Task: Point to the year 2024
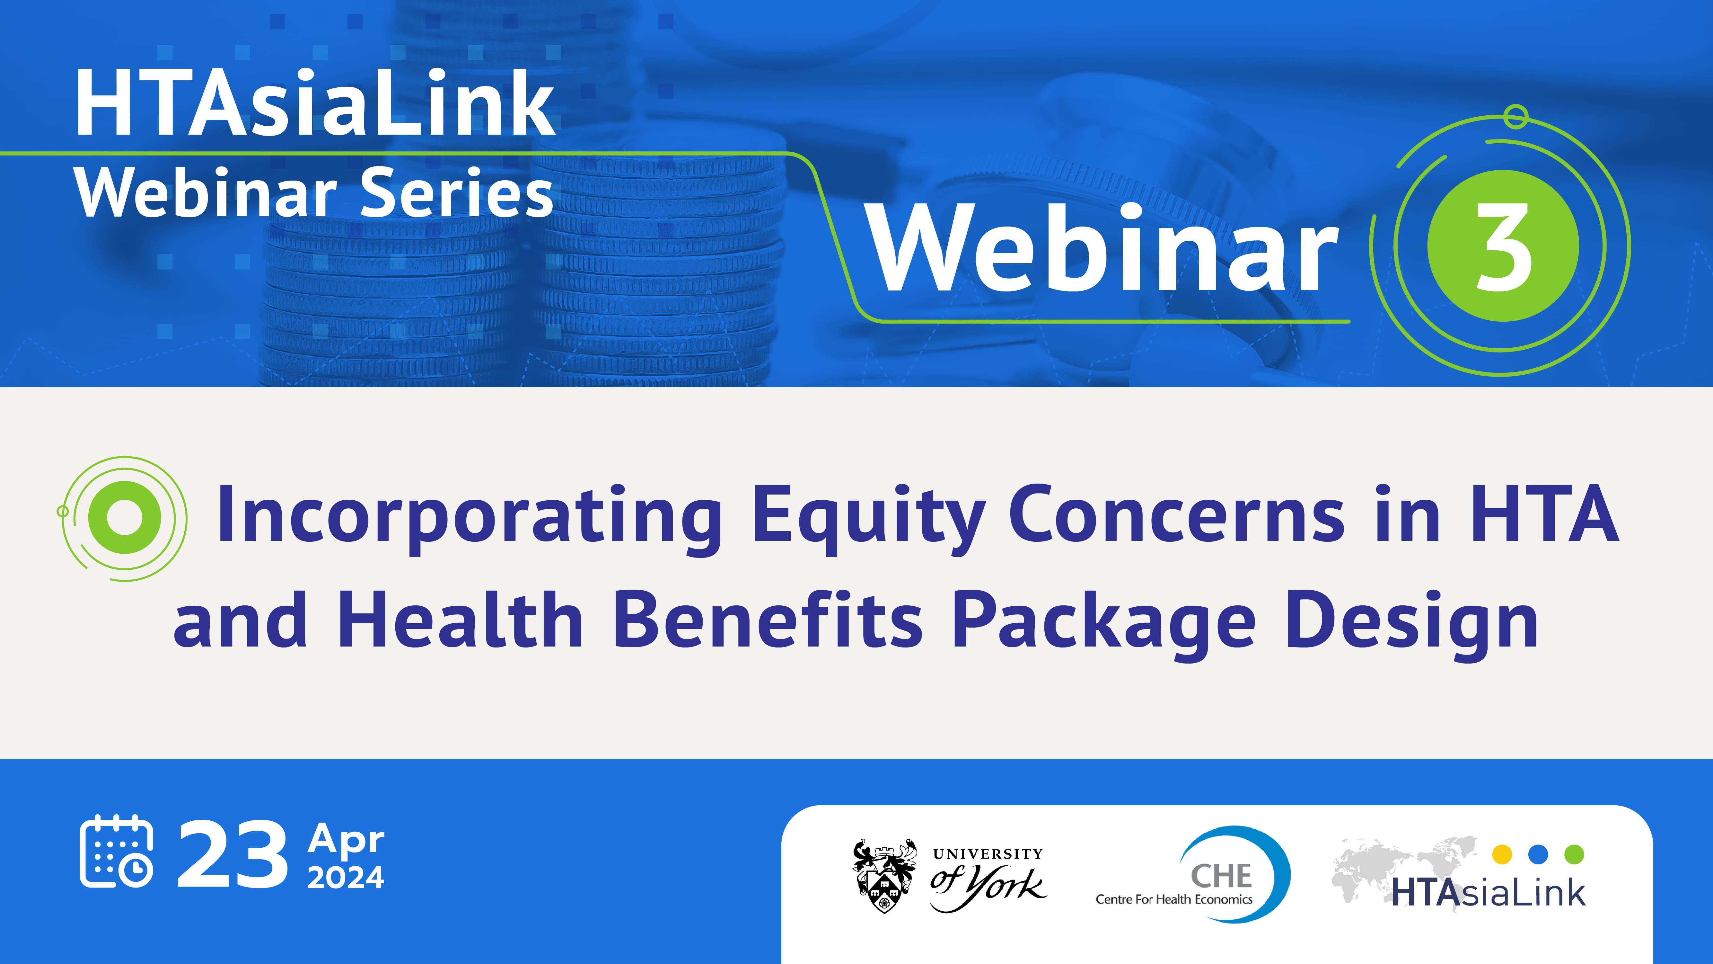pos(346,878)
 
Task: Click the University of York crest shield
pos(884,877)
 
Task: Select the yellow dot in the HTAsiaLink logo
pos(1502,854)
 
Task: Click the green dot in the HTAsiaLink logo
pos(1574,854)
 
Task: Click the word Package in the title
pos(1104,622)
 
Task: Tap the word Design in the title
pos(1412,622)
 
